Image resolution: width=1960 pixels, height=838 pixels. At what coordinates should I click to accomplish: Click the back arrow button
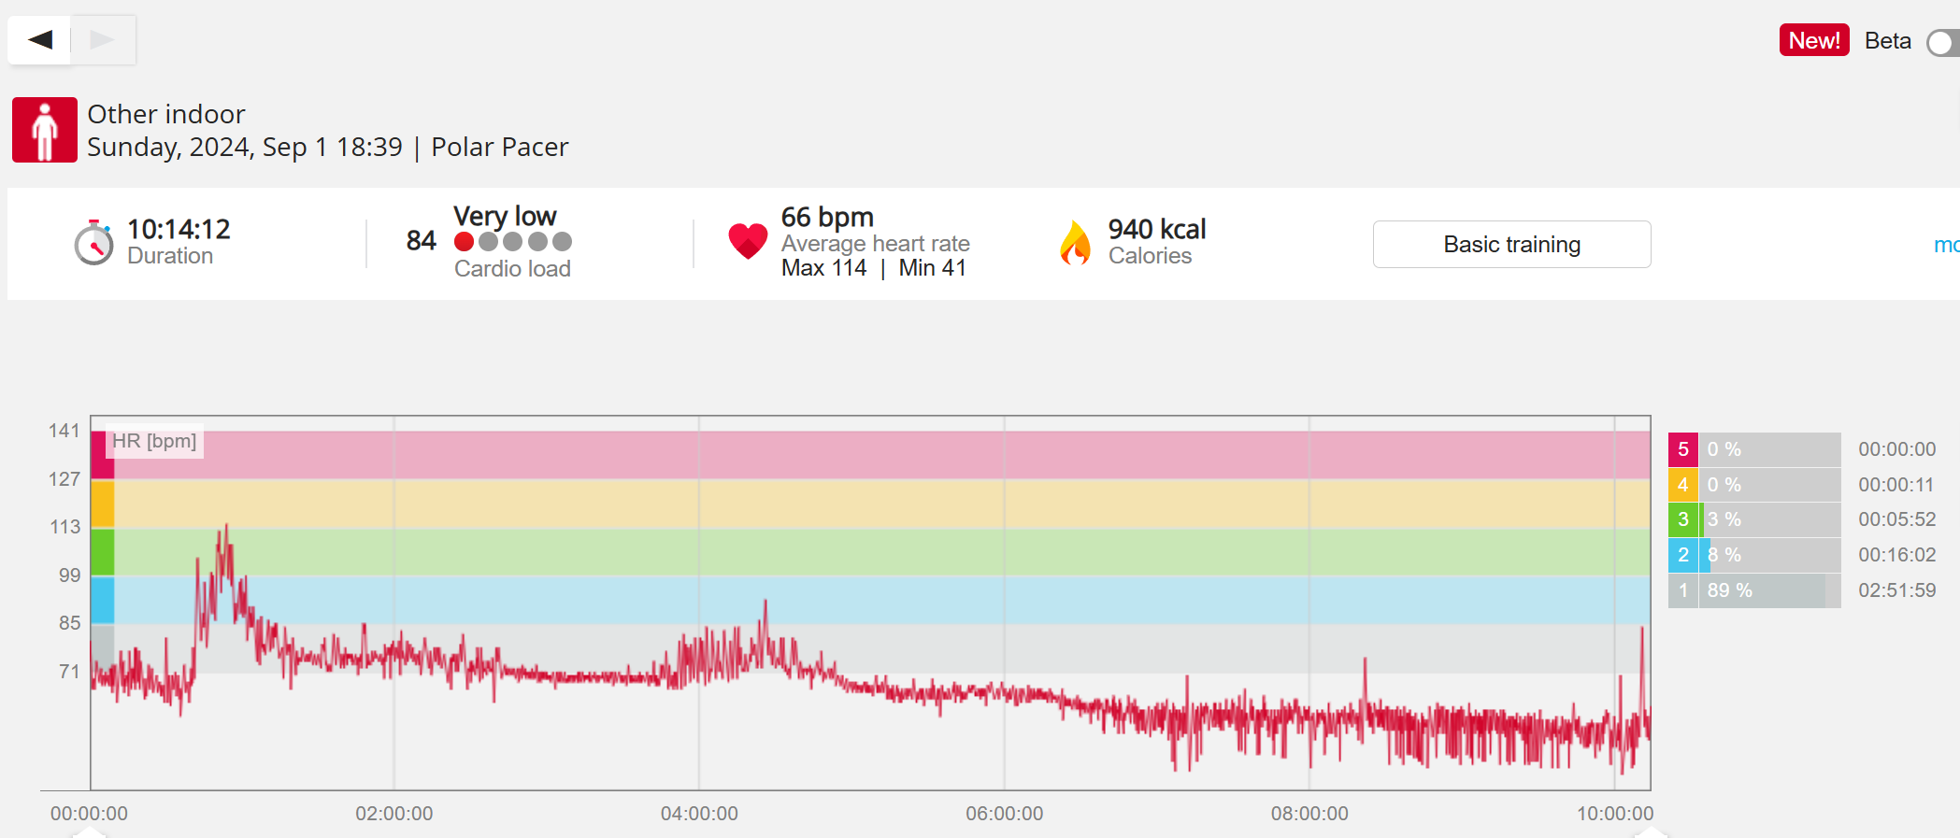click(x=39, y=39)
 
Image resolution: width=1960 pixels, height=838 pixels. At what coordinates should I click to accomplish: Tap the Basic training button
click(x=1511, y=245)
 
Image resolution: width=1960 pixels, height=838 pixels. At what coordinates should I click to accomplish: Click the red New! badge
click(x=1813, y=40)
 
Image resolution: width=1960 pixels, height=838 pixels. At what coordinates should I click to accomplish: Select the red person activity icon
click(x=45, y=130)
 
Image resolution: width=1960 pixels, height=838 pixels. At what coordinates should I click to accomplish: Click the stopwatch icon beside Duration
click(x=93, y=243)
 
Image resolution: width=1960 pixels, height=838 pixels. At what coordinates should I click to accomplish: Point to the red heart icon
click(x=748, y=241)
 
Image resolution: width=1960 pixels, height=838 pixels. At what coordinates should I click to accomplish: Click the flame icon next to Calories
click(x=1075, y=243)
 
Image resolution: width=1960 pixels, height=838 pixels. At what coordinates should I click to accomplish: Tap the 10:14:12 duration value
click(x=179, y=229)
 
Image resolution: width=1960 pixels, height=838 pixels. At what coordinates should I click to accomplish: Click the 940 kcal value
click(x=1156, y=229)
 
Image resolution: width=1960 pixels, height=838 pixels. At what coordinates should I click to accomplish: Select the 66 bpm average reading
click(x=827, y=217)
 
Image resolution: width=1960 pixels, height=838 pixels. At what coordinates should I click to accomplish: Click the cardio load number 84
click(x=421, y=241)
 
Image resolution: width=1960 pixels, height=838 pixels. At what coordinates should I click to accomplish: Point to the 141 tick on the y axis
click(x=64, y=431)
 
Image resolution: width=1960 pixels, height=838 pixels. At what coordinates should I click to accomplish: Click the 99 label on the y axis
click(x=69, y=575)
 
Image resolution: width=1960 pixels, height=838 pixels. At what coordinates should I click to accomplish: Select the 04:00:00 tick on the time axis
click(x=699, y=814)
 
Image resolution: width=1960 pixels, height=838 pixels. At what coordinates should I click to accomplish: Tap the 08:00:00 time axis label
click(x=1309, y=814)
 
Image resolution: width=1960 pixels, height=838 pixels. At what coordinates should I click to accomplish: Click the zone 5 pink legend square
click(x=1682, y=449)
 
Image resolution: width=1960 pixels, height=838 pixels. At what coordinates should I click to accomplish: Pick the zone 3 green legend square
click(x=1682, y=519)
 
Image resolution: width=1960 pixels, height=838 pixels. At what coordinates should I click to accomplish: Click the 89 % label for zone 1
click(x=1729, y=590)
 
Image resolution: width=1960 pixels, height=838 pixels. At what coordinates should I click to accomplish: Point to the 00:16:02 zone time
click(x=1896, y=555)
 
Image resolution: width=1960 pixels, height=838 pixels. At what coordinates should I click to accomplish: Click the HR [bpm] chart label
click(x=154, y=441)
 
